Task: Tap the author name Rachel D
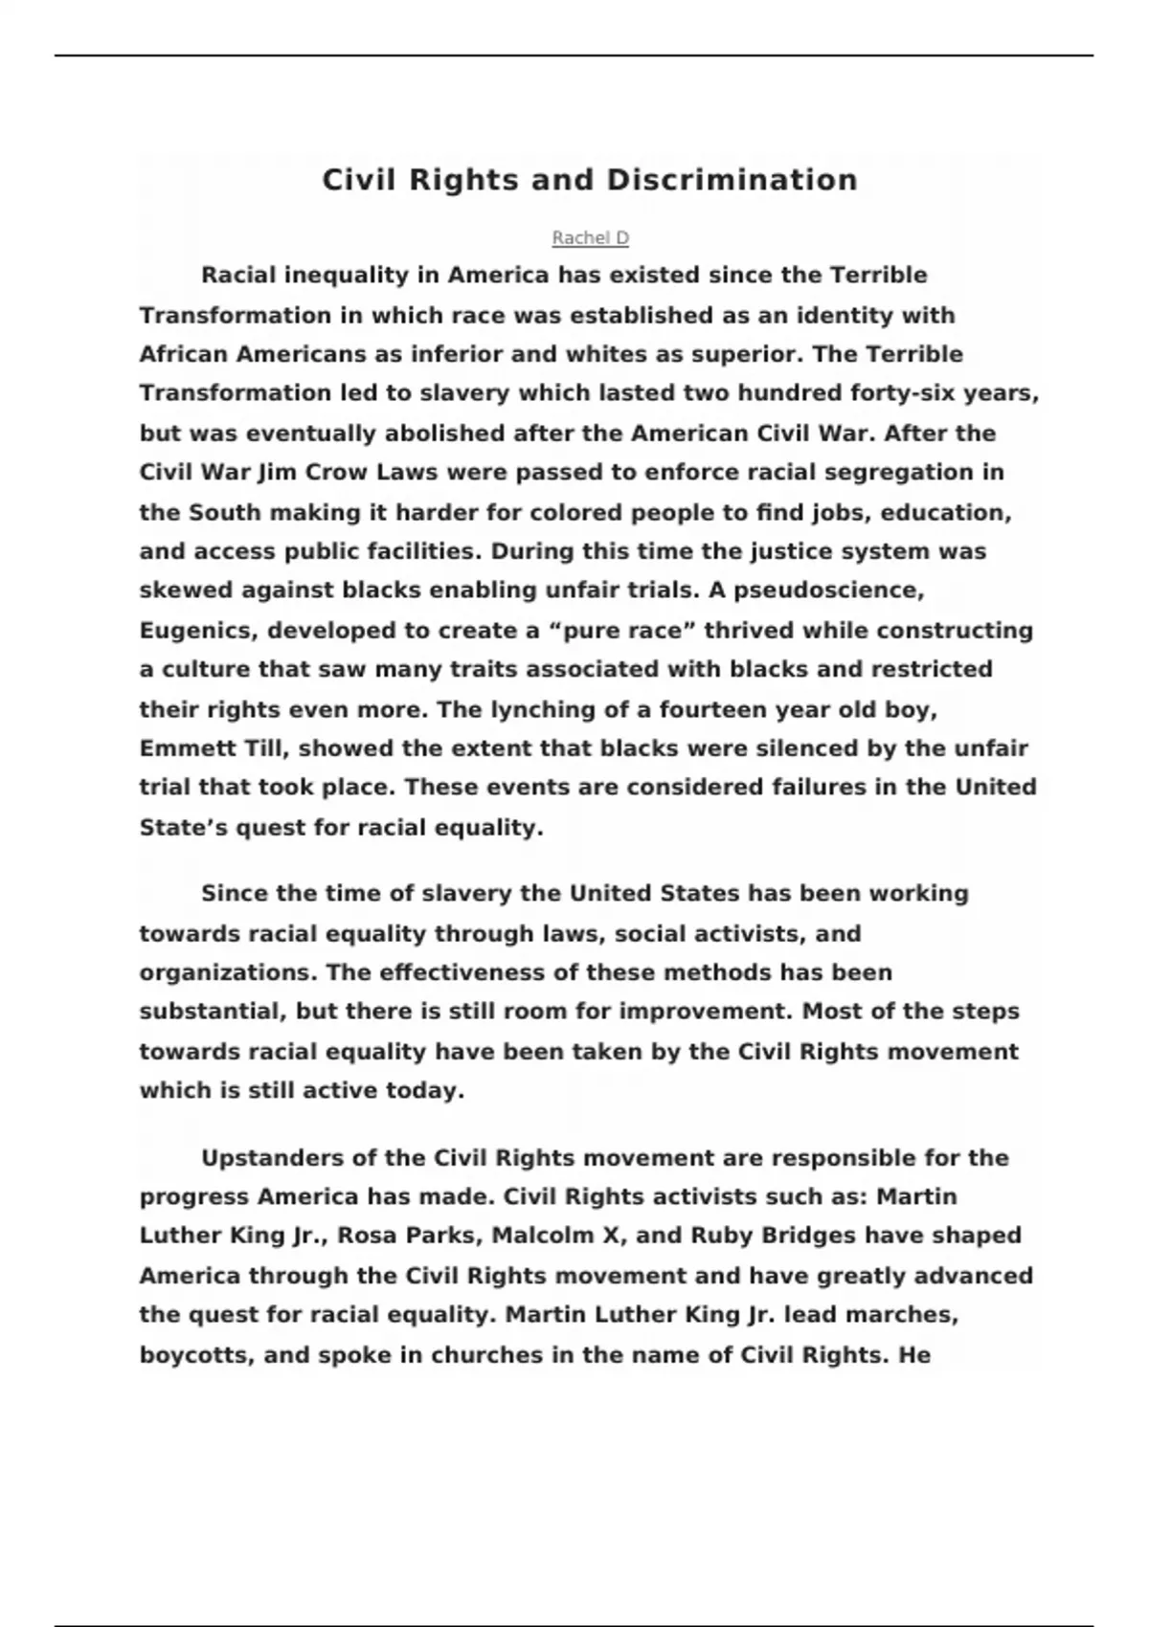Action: coord(590,237)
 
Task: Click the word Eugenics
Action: coord(197,631)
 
